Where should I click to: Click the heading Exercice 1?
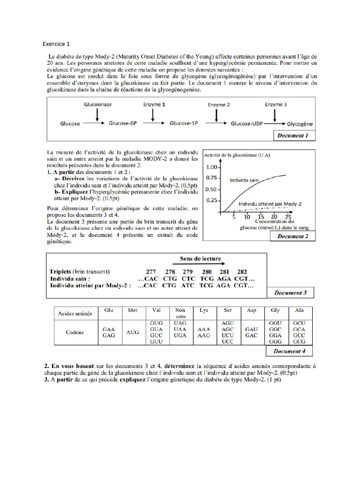(x=56, y=44)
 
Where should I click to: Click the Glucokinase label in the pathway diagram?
(x=97, y=105)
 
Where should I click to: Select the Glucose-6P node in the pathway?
(x=122, y=124)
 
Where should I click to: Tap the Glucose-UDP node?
(x=247, y=124)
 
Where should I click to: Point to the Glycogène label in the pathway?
(x=300, y=124)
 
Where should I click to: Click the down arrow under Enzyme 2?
(x=219, y=115)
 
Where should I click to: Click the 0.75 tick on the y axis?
(x=211, y=178)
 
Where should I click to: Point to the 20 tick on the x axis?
(x=274, y=217)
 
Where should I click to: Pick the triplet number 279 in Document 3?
(x=187, y=272)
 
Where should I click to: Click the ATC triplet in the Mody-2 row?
(x=187, y=285)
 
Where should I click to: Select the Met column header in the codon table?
(x=133, y=310)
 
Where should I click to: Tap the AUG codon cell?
(x=133, y=332)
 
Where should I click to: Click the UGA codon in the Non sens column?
(x=180, y=336)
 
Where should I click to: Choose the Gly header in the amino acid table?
(x=275, y=310)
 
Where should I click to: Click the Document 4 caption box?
(x=289, y=351)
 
